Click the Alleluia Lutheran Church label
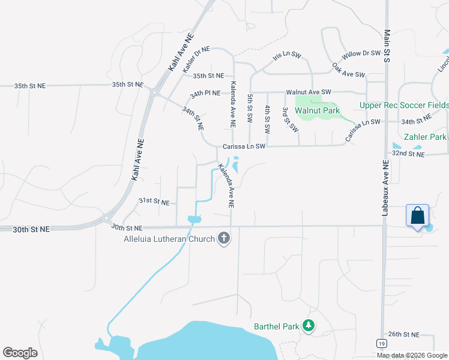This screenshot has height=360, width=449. pos(169,239)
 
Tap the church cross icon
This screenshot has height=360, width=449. pos(224,239)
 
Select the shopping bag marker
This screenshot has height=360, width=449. pos(417,215)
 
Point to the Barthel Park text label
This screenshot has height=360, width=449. pos(276,327)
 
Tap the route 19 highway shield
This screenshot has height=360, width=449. pos(382,343)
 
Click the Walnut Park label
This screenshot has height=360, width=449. pos(320,110)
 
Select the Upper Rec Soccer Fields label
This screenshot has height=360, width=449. pos(403,105)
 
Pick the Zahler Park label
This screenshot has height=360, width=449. pos(425,137)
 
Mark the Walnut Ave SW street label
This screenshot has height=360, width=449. pos(309,92)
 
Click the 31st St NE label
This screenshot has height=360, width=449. pos(154,201)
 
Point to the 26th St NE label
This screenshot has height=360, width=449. pos(403,334)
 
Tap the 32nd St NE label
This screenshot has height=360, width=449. pos(408,154)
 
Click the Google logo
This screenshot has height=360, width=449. pos(20,353)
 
